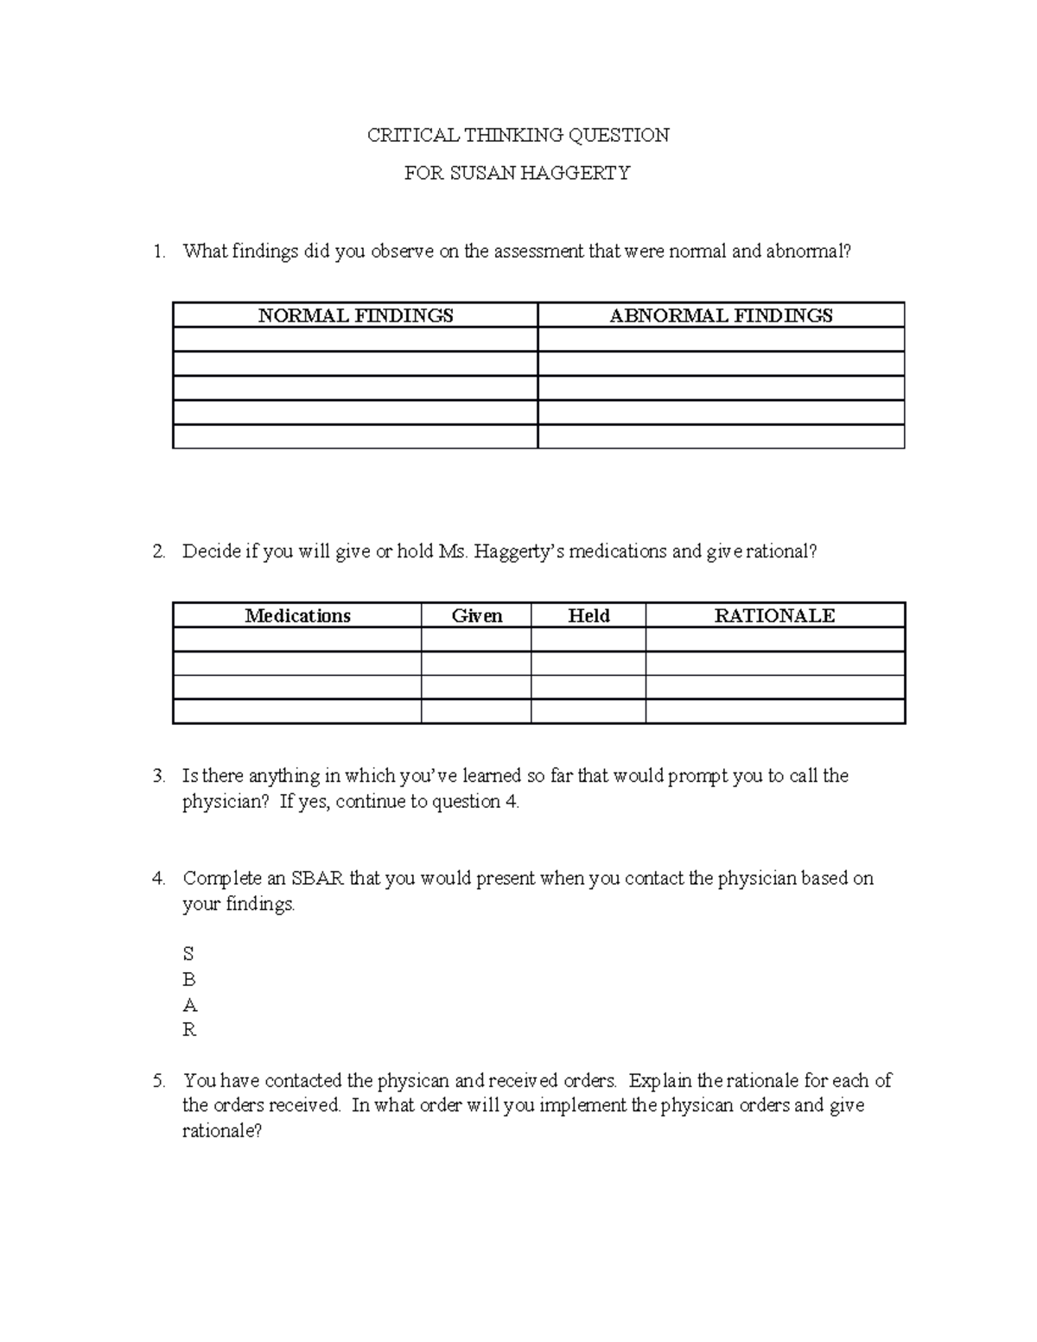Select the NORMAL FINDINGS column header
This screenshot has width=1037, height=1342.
355,315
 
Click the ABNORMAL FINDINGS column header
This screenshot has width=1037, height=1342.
721,315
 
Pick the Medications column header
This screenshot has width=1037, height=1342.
297,615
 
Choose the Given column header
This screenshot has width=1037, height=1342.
476,615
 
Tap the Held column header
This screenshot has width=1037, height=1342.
588,615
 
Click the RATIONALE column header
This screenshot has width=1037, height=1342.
774,615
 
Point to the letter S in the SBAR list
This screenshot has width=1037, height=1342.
188,954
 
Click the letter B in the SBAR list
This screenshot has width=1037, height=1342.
189,979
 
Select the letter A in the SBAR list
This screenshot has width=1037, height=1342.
189,1005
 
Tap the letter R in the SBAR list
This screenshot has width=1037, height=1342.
189,1030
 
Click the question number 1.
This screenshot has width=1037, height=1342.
157,251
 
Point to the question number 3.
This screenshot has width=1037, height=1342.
157,776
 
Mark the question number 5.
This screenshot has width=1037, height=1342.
157,1080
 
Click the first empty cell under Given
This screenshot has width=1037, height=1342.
476,639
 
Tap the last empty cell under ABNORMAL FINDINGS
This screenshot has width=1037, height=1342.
721,436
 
